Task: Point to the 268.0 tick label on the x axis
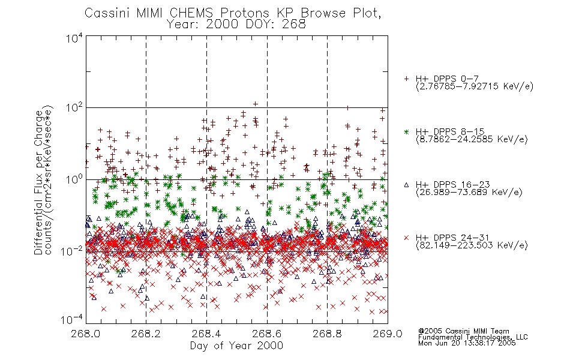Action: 85,334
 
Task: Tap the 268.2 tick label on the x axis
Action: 146,334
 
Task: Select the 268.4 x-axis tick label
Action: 206,334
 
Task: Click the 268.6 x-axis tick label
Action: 267,334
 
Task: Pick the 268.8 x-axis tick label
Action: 327,334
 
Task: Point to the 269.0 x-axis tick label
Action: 388,334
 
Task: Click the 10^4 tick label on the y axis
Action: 74,38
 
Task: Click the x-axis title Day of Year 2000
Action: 236,346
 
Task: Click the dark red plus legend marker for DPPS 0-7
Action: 406,79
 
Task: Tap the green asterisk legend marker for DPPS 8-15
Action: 406,131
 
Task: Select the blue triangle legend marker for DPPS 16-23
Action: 406,185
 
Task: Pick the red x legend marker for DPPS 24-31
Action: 406,238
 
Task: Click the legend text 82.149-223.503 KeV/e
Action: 472,245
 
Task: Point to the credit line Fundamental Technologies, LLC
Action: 473,337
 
